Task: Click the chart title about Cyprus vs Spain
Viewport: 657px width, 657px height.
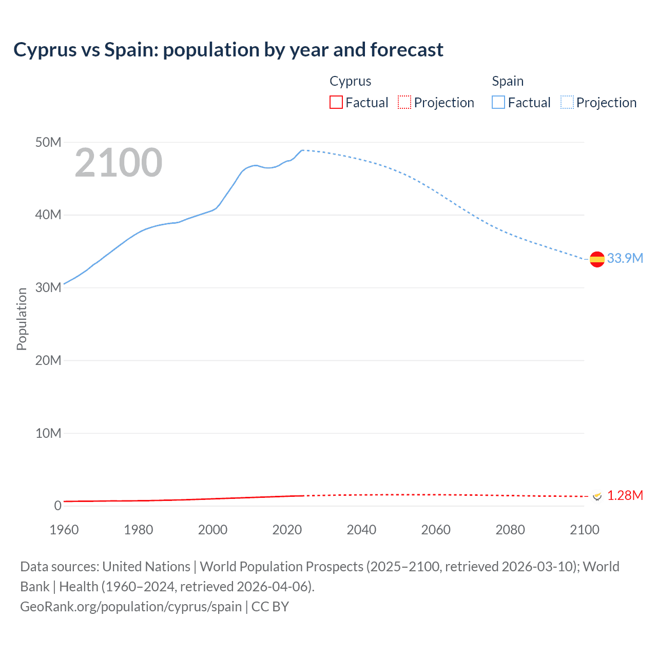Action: (228, 50)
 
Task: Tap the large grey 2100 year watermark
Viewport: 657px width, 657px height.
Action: (119, 163)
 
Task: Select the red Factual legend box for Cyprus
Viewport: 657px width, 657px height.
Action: (336, 103)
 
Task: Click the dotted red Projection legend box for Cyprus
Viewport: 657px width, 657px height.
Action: (404, 103)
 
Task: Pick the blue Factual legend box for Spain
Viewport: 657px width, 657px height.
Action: (498, 103)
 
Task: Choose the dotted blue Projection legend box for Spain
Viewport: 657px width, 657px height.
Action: (567, 103)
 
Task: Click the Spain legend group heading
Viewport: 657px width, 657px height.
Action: (508, 81)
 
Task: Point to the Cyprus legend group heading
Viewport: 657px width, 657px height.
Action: (350, 81)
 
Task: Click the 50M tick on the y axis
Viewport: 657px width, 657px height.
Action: (48, 142)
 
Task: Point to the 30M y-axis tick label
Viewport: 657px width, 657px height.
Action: (48, 287)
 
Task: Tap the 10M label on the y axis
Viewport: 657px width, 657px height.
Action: (48, 433)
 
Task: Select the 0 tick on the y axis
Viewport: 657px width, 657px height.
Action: (57, 506)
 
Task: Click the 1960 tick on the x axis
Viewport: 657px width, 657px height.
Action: (64, 530)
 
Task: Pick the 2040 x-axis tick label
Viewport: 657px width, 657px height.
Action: (361, 530)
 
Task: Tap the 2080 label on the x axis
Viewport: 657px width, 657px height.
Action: (510, 530)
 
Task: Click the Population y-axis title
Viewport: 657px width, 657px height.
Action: (22, 319)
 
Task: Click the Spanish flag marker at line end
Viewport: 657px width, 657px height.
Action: (597, 259)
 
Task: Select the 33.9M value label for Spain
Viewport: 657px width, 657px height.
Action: (625, 258)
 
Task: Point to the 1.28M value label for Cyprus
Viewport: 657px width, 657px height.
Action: (625, 495)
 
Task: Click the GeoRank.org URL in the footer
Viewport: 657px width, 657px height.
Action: (131, 607)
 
